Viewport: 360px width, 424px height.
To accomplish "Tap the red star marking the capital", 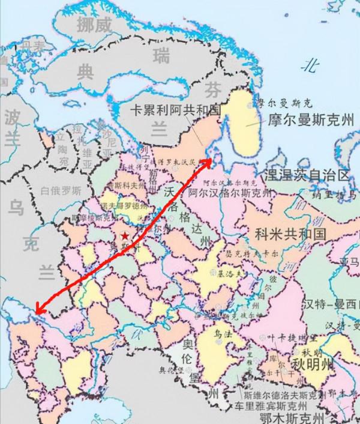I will pyautogui.click(x=124, y=236).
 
